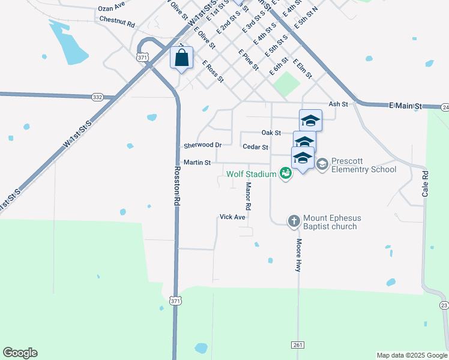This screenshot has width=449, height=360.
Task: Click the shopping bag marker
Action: click(182, 58)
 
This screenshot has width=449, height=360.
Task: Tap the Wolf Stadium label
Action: click(252, 174)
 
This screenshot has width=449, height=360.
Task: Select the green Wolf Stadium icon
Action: click(286, 174)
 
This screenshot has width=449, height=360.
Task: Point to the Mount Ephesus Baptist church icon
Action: click(294, 221)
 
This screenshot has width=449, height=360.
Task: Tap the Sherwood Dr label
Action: click(203, 145)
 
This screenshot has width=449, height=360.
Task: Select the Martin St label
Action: click(197, 162)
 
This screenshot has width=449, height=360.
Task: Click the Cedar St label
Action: click(255, 146)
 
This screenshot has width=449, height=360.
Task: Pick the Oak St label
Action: click(271, 132)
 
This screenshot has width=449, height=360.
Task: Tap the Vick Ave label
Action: click(232, 217)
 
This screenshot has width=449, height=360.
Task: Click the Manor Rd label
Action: click(248, 196)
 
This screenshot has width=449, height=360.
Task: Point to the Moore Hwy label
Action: click(298, 256)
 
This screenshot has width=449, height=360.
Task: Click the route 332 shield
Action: click(98, 97)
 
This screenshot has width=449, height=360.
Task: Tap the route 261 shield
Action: click(298, 345)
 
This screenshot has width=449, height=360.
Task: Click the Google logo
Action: click(20, 353)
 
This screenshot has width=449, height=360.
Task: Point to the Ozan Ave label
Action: click(111, 6)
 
